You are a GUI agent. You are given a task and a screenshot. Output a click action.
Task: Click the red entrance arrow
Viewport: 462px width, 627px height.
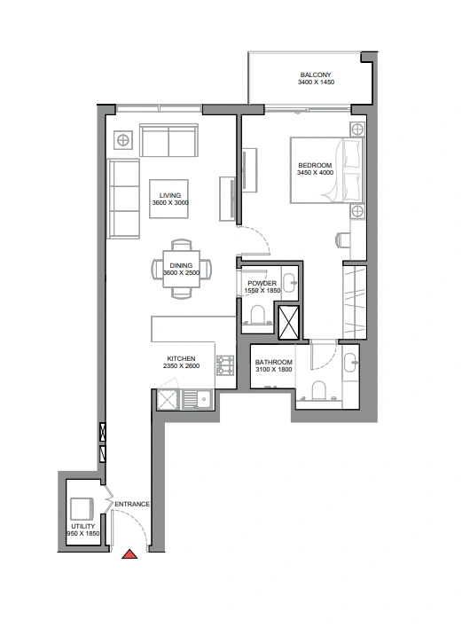pos(129,554)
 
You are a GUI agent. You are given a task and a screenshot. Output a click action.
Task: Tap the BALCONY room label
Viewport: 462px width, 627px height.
pos(316,74)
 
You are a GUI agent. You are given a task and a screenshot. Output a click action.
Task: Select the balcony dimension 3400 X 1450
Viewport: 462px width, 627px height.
pos(316,82)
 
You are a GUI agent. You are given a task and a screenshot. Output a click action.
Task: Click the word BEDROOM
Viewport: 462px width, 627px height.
pos(315,165)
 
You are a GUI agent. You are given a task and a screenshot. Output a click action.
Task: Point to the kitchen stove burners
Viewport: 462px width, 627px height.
pos(225,365)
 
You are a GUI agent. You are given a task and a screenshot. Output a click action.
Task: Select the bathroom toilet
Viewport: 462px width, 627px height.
pos(319,391)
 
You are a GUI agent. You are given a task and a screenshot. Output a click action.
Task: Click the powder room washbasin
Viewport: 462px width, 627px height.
pos(289,283)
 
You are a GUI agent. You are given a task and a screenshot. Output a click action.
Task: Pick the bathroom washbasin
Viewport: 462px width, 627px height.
pos(351,363)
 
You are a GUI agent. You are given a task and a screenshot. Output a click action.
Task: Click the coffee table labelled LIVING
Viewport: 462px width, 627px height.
pos(168,199)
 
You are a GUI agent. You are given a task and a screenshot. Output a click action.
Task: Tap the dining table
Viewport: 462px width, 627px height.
pos(181,269)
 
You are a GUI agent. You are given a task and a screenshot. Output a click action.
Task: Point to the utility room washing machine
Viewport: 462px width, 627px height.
pos(82,508)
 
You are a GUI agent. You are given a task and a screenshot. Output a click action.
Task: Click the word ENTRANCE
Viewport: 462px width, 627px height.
pos(132,505)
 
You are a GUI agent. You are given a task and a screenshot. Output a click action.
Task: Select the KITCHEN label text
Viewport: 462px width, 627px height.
pos(181,358)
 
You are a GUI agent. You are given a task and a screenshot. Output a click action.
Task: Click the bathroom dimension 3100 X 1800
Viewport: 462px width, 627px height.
pos(274,370)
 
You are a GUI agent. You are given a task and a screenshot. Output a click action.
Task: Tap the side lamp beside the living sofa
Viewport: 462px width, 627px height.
pos(123,140)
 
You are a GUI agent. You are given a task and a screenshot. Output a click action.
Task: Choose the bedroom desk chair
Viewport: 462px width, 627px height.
pos(343,240)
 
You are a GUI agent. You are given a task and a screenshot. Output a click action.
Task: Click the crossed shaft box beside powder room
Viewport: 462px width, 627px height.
pos(288,323)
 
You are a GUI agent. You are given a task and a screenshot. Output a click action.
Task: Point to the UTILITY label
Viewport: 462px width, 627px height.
pos(83,526)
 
